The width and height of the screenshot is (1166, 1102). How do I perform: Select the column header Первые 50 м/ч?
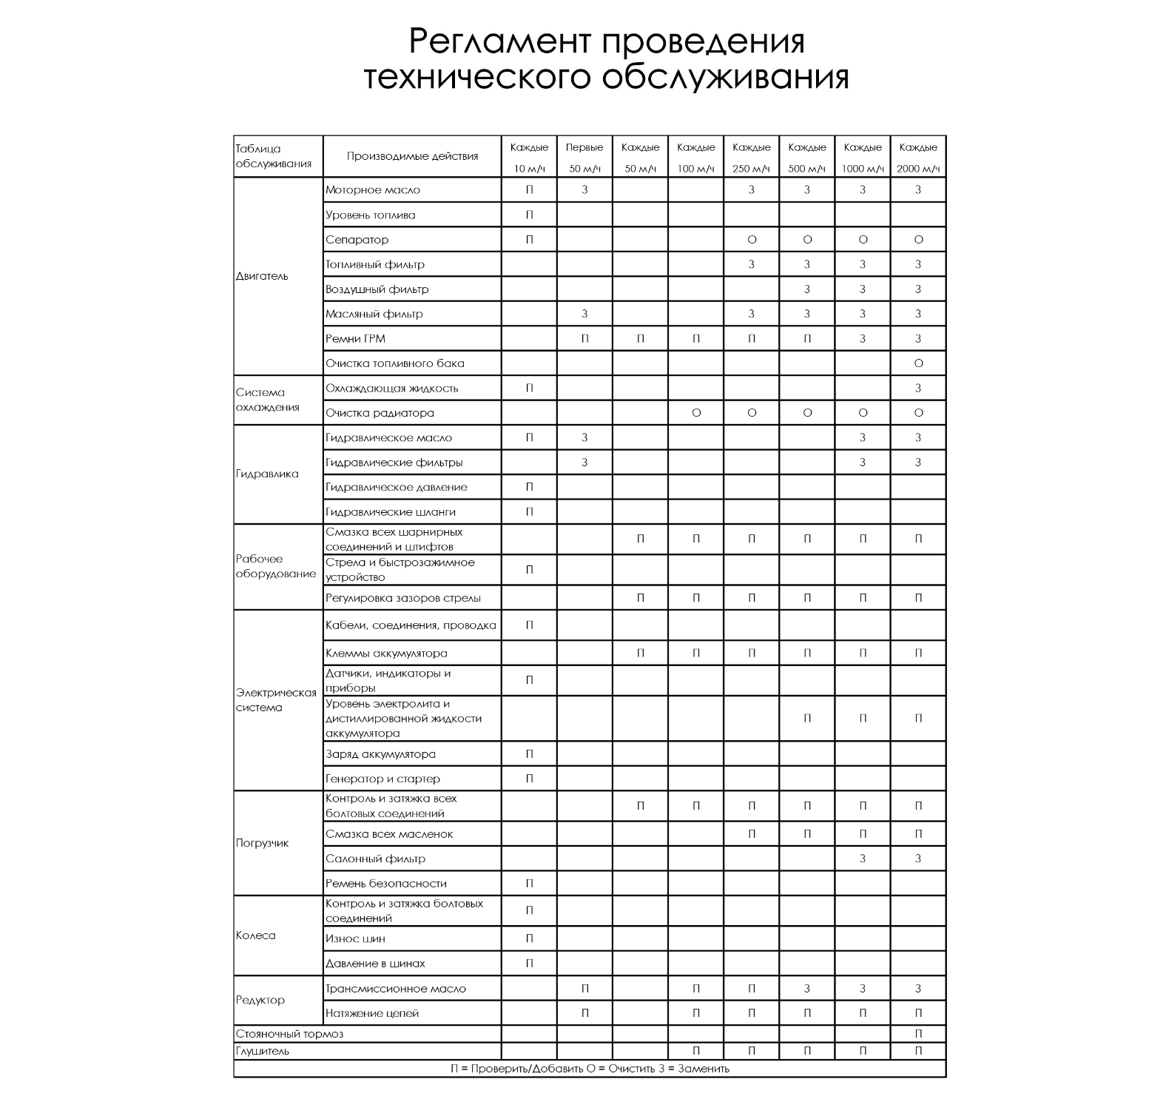(x=584, y=157)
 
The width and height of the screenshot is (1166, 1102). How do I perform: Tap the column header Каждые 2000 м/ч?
(x=918, y=157)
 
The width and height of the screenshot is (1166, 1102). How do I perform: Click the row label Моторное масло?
(x=373, y=190)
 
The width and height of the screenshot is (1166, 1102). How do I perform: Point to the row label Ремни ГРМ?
(x=355, y=339)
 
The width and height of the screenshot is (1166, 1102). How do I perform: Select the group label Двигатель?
(x=262, y=276)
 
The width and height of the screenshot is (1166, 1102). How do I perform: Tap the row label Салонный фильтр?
(x=375, y=859)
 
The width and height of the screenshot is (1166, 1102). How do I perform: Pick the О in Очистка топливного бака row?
(x=918, y=363)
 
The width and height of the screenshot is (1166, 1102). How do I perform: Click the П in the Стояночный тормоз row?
(x=918, y=1034)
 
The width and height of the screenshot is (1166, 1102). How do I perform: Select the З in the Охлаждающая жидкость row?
(x=918, y=389)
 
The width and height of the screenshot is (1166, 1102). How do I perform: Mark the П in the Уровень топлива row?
(x=529, y=215)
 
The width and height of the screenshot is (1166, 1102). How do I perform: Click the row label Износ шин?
(x=355, y=939)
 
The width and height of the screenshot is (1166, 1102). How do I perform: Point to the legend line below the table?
(x=590, y=1069)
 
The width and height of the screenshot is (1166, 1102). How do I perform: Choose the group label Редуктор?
(x=260, y=1001)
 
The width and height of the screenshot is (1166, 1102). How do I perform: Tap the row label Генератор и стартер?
(x=383, y=779)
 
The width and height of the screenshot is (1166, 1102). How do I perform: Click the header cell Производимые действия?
(x=412, y=156)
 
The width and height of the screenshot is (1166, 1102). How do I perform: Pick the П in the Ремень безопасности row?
(x=529, y=884)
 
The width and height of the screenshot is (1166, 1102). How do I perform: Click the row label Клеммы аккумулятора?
(x=386, y=654)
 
